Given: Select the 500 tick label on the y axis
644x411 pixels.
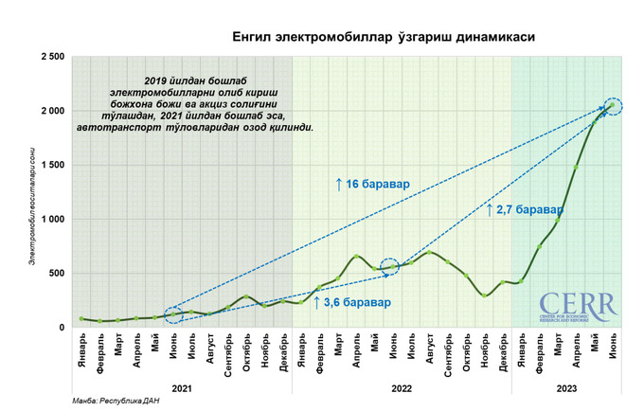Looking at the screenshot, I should (x=56, y=274).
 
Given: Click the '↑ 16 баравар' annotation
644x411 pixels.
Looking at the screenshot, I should (x=372, y=184).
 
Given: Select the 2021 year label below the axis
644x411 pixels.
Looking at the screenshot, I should (x=182, y=387).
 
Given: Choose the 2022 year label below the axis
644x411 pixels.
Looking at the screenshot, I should (x=402, y=387).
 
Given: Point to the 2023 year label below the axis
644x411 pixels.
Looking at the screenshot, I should (x=565, y=387).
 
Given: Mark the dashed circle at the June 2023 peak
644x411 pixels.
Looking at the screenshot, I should (x=613, y=106).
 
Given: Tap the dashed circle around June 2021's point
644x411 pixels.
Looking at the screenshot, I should (x=172, y=314).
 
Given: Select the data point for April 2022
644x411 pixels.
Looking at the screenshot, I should (x=356, y=256).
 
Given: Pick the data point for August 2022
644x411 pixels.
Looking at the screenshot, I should (x=429, y=252).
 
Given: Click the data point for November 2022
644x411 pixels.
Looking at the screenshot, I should (x=484, y=295).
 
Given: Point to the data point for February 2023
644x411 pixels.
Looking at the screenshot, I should (x=539, y=246).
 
